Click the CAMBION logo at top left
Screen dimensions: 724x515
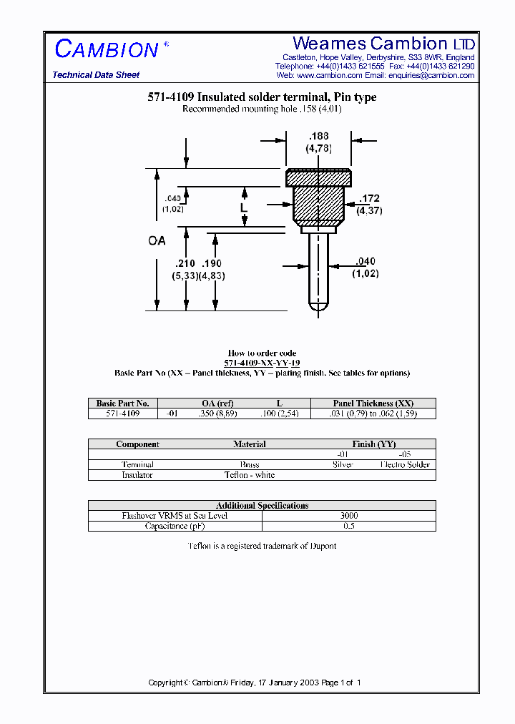(107, 49)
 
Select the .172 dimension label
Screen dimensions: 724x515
(369, 198)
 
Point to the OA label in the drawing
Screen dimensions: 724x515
(157, 241)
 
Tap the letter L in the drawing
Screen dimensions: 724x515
(243, 207)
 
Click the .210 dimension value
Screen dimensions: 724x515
(184, 263)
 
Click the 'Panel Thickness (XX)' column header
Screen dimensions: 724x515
(373, 403)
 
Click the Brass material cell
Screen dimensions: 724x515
(250, 465)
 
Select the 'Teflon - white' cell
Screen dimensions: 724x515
(250, 475)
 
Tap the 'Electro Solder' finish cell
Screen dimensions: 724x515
(405, 465)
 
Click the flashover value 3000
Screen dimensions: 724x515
(349, 516)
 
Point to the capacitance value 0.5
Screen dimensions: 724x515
(349, 526)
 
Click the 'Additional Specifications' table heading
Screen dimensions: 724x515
(262, 506)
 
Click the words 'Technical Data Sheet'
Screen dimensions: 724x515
(96, 75)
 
